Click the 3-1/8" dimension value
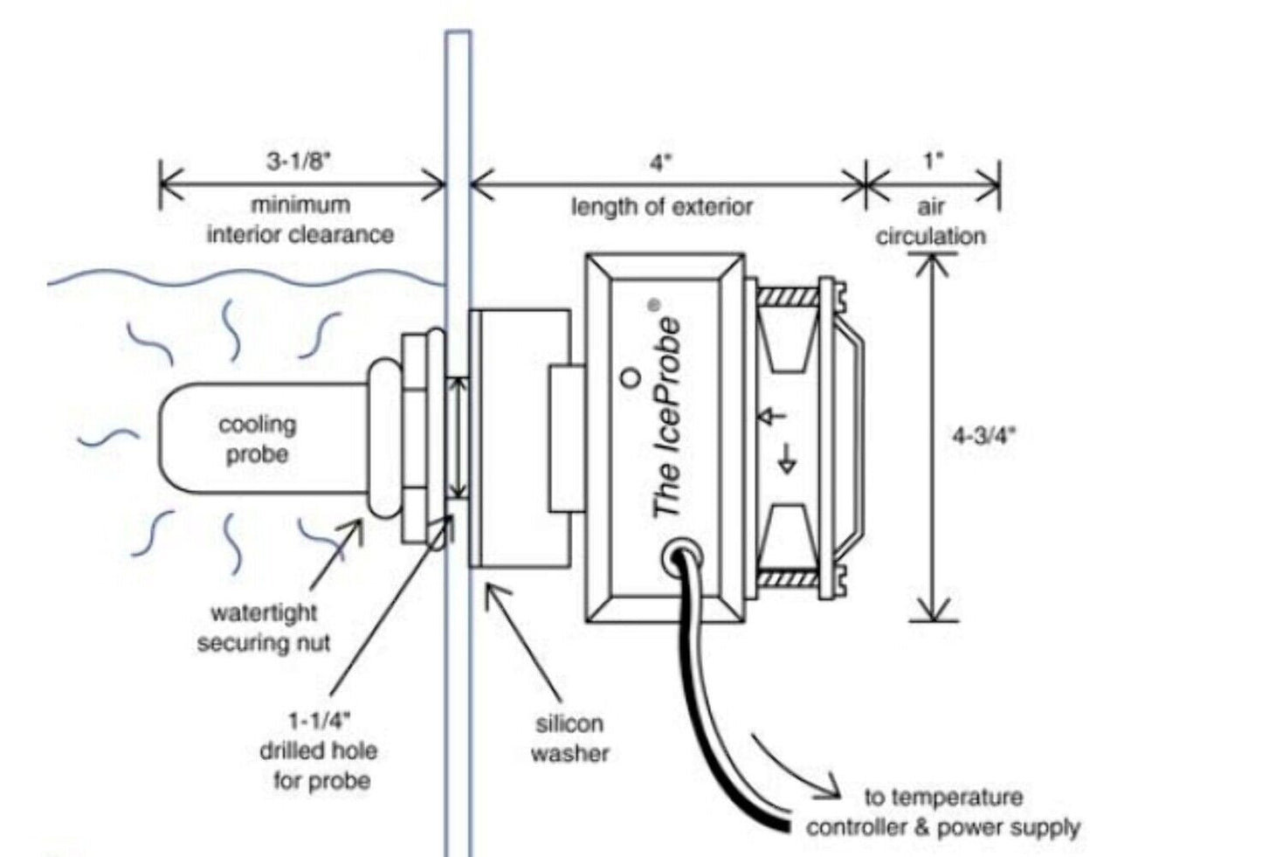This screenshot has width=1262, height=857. pos(300,162)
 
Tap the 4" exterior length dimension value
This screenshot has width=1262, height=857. pos(661,163)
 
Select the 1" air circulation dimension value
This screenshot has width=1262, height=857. pos(933,162)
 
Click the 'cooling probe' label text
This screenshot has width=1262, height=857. pos(257,439)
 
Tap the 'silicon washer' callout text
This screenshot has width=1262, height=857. pos(569,738)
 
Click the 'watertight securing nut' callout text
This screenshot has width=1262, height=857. pos(264,628)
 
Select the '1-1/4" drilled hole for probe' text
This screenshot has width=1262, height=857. pos(319,750)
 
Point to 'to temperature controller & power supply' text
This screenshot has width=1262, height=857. pos(943,812)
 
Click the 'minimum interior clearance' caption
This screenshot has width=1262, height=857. pos(300,220)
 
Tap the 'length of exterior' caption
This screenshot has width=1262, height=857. pos(661,207)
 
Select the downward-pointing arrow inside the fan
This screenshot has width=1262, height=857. pos(787,459)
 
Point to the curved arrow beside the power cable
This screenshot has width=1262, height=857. pos(790,769)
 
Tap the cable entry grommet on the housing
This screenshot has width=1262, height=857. pos(679,556)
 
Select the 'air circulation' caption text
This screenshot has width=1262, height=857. pos(931,222)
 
